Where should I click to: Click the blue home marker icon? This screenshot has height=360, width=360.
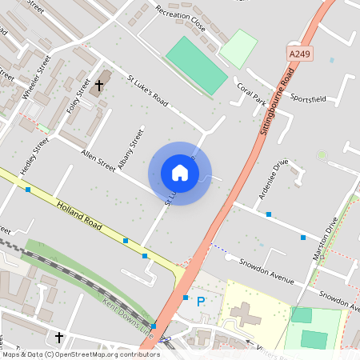[x=179, y=173]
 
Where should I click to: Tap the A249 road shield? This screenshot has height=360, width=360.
[x=298, y=53]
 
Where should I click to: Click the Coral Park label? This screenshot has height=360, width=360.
[x=250, y=93]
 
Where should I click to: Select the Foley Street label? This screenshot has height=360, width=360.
[x=78, y=97]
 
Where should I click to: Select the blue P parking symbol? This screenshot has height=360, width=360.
[x=201, y=302]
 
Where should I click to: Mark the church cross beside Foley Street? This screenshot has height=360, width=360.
[x=100, y=84]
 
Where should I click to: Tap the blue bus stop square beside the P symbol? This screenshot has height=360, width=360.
[x=186, y=298]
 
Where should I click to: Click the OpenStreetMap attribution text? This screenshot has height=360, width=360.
[x=80, y=354]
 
